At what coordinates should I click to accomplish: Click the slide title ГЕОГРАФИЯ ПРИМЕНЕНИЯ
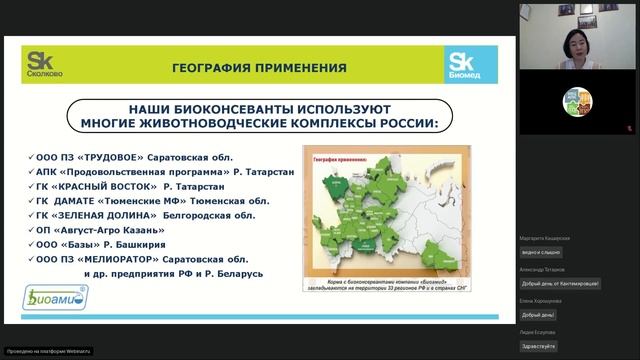pos(259,68)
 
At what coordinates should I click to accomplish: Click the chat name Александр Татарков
pos(542,269)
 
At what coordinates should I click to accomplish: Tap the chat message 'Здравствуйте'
pos(537,346)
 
